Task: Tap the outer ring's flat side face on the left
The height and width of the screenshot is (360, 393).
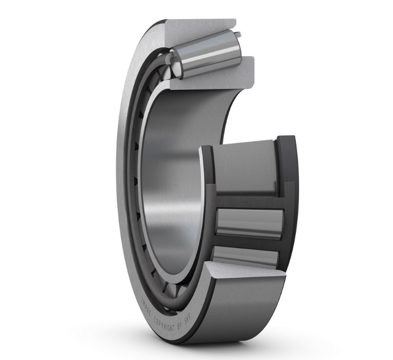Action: [127, 180]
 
